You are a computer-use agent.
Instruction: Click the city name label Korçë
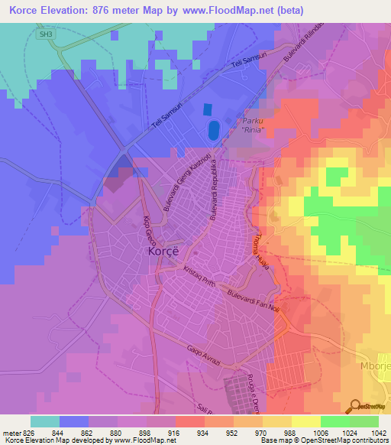click(x=162, y=252)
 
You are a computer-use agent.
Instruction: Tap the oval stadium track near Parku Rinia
click(x=213, y=130)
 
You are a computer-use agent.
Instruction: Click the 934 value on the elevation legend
click(x=202, y=432)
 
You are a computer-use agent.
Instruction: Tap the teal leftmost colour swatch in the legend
click(x=45, y=421)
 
